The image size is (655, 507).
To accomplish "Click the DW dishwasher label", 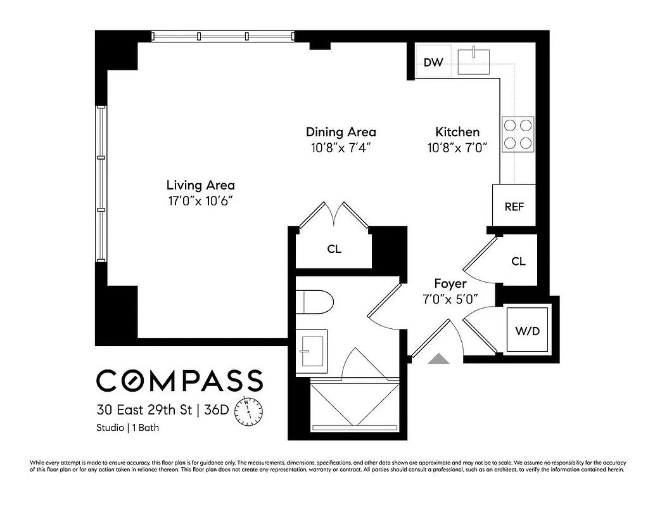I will pyautogui.click(x=433, y=62).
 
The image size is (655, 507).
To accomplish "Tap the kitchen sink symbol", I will pyautogui.click(x=474, y=60).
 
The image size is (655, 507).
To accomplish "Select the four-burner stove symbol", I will pyautogui.click(x=518, y=134).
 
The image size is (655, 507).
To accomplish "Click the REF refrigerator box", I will pyautogui.click(x=514, y=207).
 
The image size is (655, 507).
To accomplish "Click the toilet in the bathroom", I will pyautogui.click(x=315, y=301).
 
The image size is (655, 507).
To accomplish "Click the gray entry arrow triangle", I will pyautogui.click(x=438, y=359).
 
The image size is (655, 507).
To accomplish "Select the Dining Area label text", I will pyautogui.click(x=341, y=132).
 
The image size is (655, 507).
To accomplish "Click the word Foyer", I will pyautogui.click(x=450, y=283).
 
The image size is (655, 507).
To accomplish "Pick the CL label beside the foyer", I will pyautogui.click(x=518, y=261).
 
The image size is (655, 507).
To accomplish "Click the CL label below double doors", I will pyautogui.click(x=334, y=249).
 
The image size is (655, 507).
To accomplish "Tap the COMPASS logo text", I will pyautogui.click(x=179, y=380).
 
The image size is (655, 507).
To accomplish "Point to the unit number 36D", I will pyautogui.click(x=217, y=409).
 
